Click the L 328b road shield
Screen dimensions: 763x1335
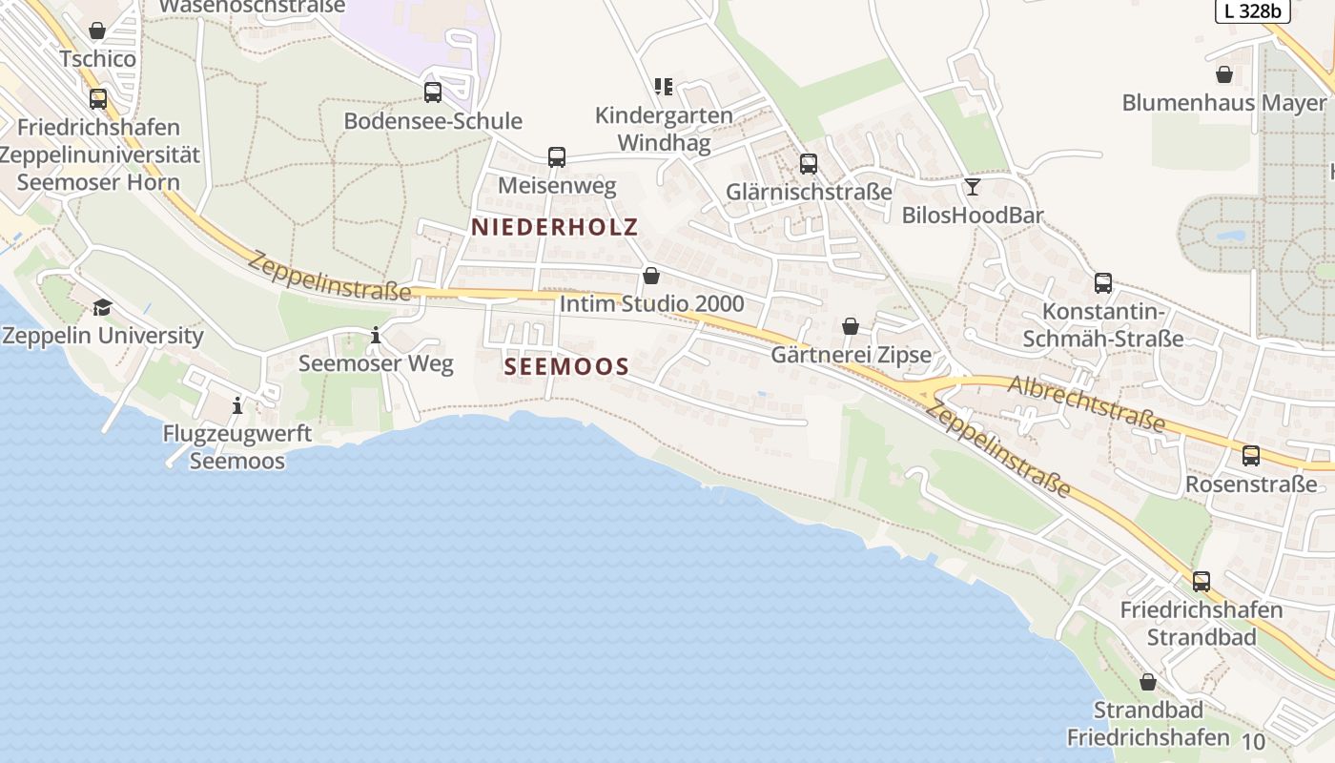1252,10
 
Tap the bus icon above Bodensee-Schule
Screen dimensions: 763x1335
433,93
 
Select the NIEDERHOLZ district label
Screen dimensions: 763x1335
554,227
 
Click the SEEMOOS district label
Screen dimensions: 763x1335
566,366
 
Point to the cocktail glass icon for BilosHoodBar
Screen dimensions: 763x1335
972,186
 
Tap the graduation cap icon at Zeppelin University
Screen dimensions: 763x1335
102,307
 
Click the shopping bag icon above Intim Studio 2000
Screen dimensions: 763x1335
651,276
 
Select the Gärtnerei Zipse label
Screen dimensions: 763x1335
851,356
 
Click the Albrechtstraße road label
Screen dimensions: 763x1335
1086,402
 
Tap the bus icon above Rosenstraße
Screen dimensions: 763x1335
1250,456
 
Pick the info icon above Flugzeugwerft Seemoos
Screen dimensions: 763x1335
237,406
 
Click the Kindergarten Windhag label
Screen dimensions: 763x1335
665,129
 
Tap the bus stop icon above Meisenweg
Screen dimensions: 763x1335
557,157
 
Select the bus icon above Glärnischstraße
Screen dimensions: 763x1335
809,164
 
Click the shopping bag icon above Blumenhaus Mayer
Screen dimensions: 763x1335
1224,74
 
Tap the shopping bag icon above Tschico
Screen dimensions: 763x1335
96,31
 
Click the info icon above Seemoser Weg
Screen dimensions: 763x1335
376,336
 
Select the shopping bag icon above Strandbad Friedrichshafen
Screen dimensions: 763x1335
1148,682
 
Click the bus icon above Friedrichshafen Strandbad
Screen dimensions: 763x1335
1201,581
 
